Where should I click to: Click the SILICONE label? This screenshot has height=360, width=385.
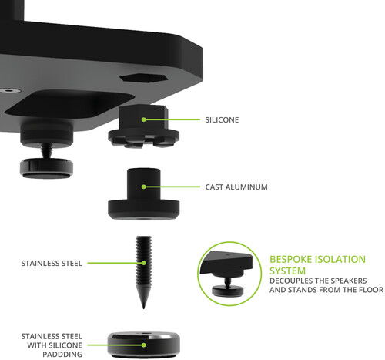click(222, 119)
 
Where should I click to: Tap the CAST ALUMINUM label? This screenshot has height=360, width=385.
click(236, 187)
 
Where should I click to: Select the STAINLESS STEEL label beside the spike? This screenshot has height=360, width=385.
click(52, 263)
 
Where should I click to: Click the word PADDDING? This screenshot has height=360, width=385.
click(62, 355)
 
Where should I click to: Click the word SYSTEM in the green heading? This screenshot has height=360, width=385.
click(287, 271)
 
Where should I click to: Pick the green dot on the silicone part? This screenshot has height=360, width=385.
click(144, 119)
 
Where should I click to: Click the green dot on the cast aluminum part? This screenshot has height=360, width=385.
click(144, 187)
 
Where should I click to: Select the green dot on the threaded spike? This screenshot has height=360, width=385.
click(144, 263)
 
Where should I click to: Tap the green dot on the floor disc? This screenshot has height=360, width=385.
click(144, 345)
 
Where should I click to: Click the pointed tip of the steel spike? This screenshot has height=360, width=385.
click(143, 308)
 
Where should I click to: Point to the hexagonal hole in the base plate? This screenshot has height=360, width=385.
click(144, 78)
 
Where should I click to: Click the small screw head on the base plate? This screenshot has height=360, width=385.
click(10, 90)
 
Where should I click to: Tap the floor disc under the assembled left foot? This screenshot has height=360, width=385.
click(46, 169)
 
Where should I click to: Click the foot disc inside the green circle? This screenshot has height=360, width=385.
click(228, 291)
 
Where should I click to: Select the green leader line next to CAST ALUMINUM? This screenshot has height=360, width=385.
click(172, 187)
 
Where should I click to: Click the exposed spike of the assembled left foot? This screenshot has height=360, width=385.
click(46, 151)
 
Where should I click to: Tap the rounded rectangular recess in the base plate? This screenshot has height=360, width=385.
click(69, 105)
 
